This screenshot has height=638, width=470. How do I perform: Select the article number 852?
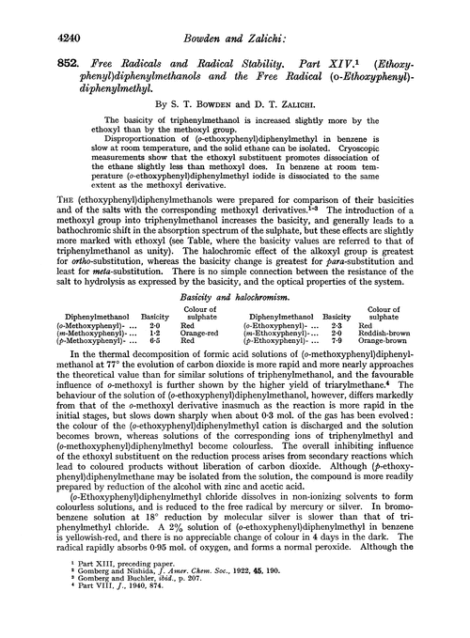[43, 58]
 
